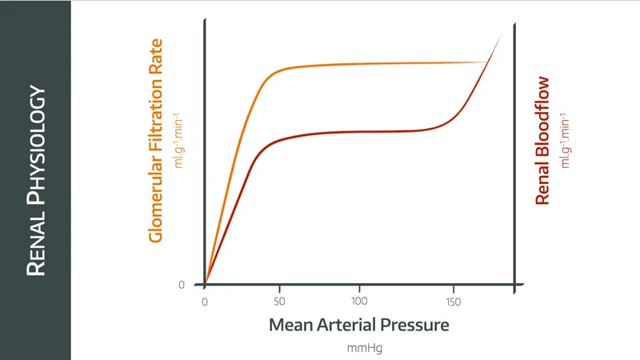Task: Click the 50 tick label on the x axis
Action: pos(280,302)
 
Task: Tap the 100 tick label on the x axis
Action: pos(359,302)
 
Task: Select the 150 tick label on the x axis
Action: pos(454,302)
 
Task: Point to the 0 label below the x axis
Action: pos(205,302)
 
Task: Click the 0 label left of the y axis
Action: pos(181,285)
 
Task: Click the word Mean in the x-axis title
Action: pos(290,326)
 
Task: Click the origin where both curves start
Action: pos(205,284)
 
